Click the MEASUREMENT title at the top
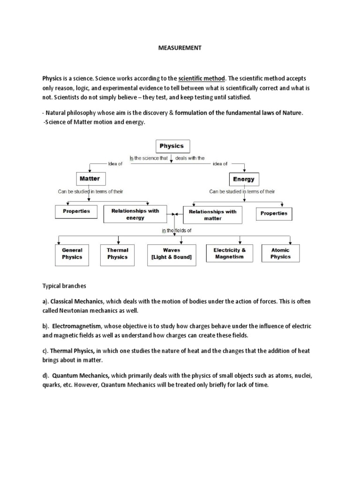pos(180,48)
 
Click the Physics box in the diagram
pos(172,146)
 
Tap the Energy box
pos(243,179)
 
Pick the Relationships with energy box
pos(135,214)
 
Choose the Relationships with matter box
pos(212,215)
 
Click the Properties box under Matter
pos(76,211)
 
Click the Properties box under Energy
pos(274,214)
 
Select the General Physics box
pos(72,254)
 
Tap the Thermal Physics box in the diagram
pos(117,254)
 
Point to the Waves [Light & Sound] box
pos(172,254)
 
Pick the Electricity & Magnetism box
pos(229,254)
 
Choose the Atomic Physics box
pos(280,254)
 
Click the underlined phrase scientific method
pos(202,78)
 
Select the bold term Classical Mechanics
pos(80,301)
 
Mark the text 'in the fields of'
pos(177,231)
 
